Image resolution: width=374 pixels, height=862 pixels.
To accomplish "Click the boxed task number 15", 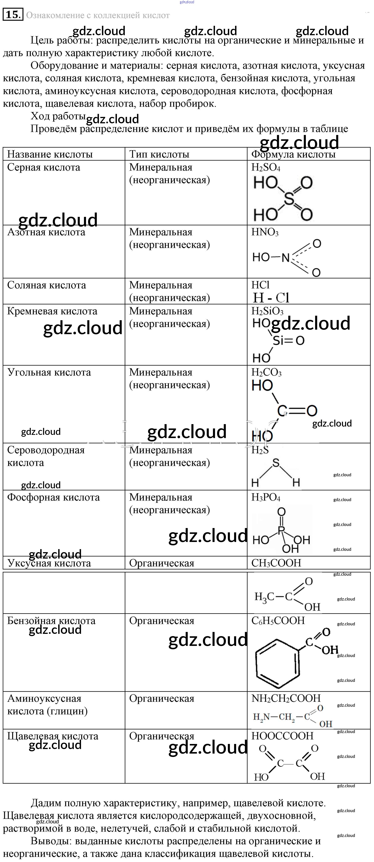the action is [13, 15].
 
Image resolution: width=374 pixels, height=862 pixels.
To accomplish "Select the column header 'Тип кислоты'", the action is [159, 154].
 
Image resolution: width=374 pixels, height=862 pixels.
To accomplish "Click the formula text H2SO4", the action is [266, 167].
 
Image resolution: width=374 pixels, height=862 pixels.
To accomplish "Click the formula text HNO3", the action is [265, 232].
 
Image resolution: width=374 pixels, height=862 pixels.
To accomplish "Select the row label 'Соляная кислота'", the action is [47, 285].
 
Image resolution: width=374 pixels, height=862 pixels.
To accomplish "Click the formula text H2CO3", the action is [266, 372].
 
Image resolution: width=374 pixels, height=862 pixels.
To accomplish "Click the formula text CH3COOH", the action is [276, 563].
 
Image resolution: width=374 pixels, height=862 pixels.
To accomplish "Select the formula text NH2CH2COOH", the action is [286, 698].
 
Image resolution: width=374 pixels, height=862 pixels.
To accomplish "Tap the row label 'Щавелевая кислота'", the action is [53, 736].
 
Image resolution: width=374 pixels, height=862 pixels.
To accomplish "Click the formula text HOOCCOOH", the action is [282, 736].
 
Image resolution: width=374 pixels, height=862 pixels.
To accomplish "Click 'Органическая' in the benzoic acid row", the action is [161, 621].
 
